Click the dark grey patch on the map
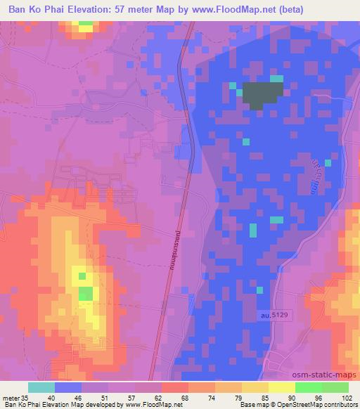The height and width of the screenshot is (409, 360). (x=262, y=93)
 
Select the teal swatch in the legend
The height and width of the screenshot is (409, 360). (x=41, y=387)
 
